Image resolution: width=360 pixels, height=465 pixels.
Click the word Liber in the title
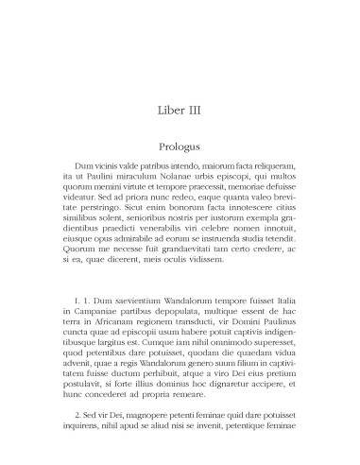tap(165, 111)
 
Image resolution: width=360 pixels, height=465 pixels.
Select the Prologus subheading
tap(179, 147)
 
